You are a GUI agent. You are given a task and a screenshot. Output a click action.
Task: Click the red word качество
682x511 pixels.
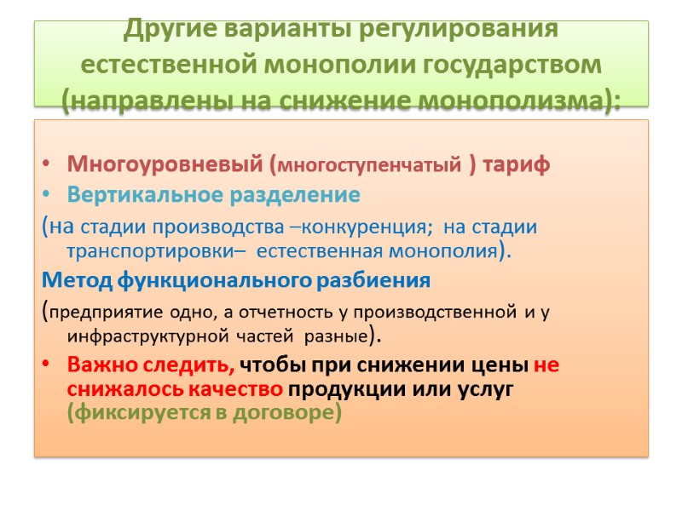[240, 390]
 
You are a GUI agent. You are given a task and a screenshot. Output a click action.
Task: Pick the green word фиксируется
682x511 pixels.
[147, 415]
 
